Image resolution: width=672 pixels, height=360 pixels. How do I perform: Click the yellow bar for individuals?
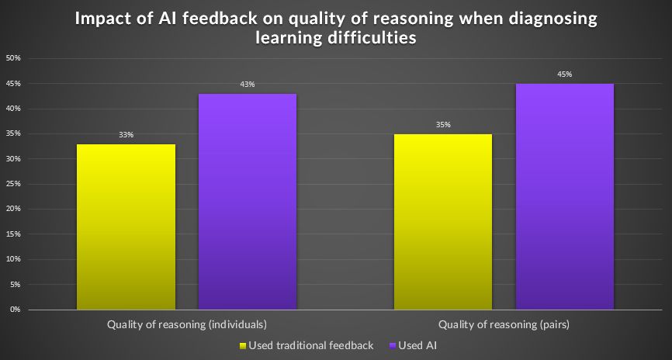pos(126,227)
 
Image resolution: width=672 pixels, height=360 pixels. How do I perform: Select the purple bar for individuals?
pos(248,202)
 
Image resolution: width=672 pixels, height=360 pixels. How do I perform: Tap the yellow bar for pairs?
pos(442,222)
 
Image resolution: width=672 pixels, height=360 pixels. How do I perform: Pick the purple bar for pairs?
pos(564,196)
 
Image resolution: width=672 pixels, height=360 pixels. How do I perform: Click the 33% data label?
pos(126,135)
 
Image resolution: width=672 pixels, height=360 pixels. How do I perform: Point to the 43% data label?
pos(248,85)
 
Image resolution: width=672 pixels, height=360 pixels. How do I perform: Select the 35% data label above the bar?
pos(442,125)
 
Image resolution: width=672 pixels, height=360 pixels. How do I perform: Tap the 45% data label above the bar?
pos(564,74)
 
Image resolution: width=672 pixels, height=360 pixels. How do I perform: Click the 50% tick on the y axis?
pos(13,58)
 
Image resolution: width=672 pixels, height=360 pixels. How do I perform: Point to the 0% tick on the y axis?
pos(15,310)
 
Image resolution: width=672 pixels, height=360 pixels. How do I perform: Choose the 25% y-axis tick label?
pos(13,184)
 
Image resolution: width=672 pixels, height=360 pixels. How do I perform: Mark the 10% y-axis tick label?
pos(13,259)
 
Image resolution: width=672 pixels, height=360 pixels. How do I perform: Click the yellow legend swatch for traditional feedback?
pos(243,345)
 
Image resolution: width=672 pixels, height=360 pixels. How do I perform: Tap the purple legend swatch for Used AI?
pos(393,345)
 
